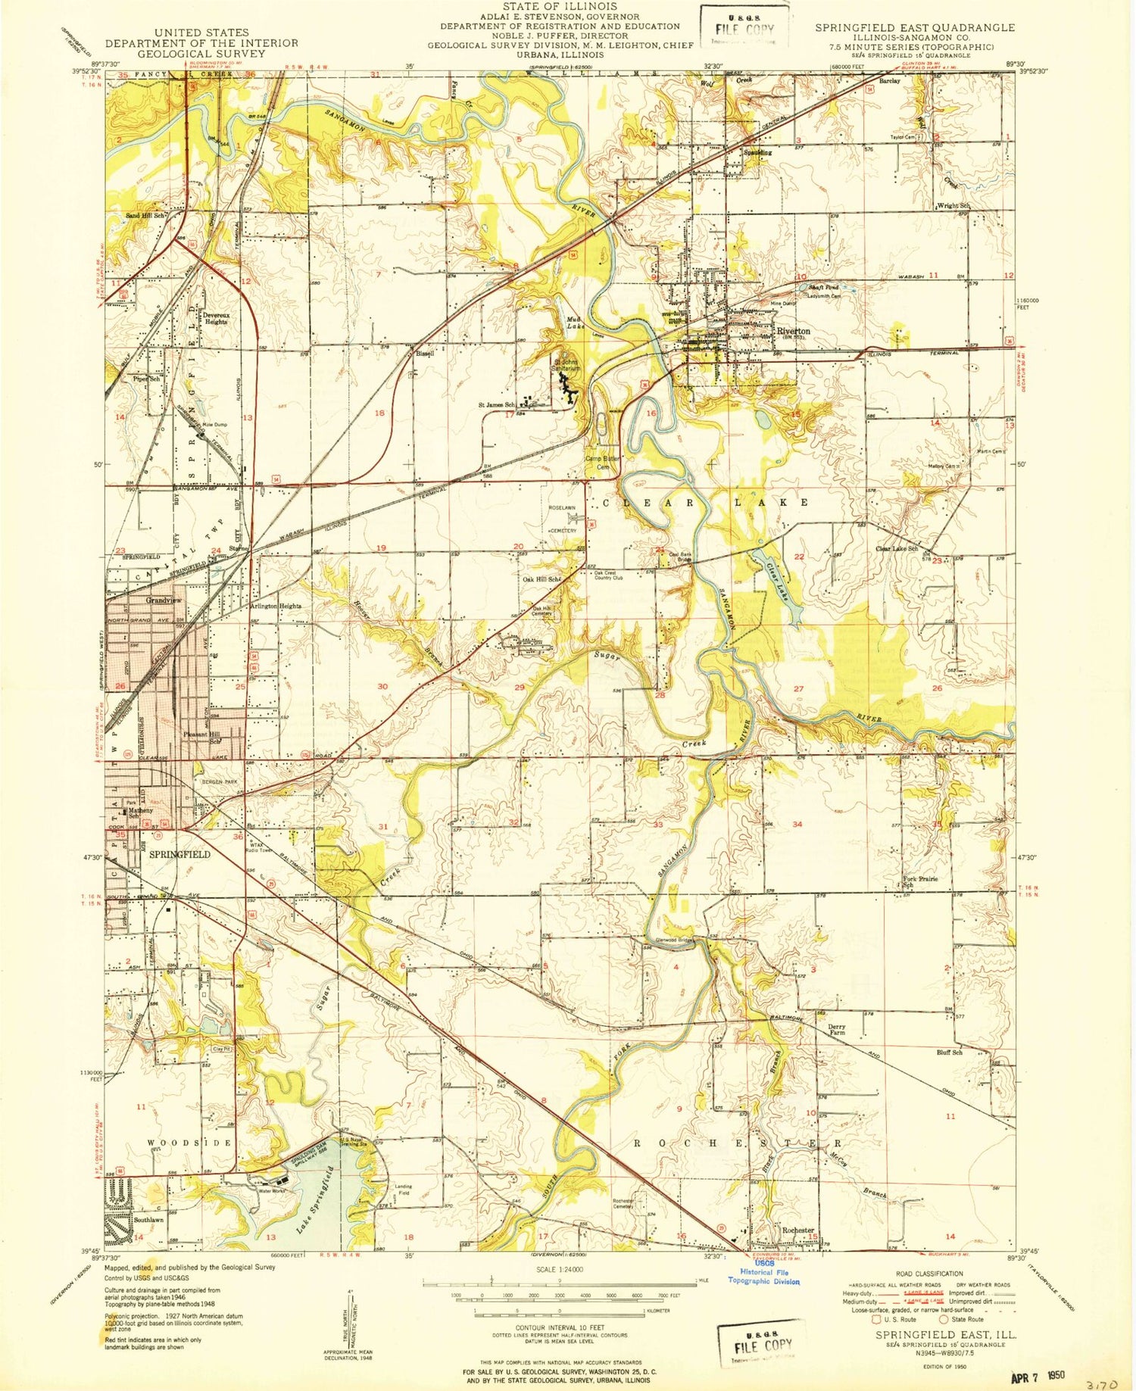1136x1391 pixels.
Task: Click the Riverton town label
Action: (x=792, y=331)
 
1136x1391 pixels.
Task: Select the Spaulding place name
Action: (x=755, y=152)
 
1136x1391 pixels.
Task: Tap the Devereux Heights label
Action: (x=215, y=318)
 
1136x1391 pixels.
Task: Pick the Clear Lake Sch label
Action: (x=897, y=548)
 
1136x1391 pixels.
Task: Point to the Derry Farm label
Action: (x=836, y=1029)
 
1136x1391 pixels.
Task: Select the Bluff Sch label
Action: (x=949, y=1053)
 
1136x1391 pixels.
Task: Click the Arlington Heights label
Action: (x=276, y=606)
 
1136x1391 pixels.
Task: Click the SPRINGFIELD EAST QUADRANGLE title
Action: (x=914, y=27)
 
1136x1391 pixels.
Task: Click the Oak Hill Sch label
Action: (x=541, y=579)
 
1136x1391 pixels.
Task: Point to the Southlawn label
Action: (x=148, y=1220)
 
